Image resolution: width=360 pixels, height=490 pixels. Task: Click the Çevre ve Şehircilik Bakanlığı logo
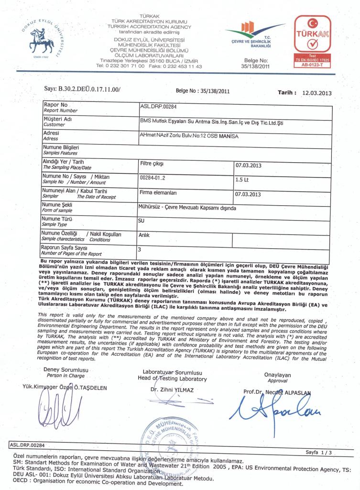(x=256, y=35)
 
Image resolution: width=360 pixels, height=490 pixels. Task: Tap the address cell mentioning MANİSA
(x=188, y=136)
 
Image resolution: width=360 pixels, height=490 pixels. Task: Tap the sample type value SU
(x=141, y=222)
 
